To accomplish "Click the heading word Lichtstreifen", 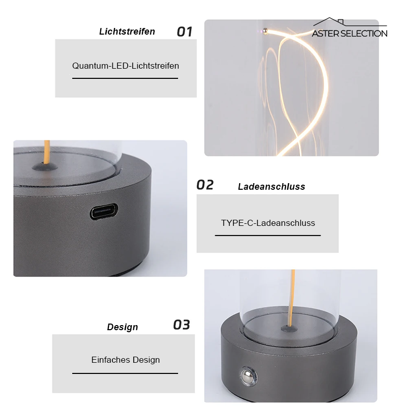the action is coord(127,32).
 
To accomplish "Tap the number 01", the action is coord(185,32).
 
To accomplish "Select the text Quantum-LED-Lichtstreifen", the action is coord(126,66).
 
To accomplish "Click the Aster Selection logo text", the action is coord(350,34).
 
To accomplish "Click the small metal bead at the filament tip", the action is coord(265,31).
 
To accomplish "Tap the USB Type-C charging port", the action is coord(104,211).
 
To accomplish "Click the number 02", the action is coord(205,185).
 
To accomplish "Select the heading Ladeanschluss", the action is coord(272,187).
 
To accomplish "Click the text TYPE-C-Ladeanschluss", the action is coord(268,223).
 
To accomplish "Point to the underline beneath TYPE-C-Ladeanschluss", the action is coord(268,236).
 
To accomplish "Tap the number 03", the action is coord(182,325).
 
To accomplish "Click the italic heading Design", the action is coord(123,327).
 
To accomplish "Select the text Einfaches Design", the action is coord(126,360).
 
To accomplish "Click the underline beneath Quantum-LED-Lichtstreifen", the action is coord(125,78).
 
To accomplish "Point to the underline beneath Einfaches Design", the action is coord(125,373).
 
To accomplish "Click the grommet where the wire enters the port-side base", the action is coord(45,167).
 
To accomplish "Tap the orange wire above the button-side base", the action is coord(292,298).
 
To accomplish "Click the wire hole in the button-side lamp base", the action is coord(289,329).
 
